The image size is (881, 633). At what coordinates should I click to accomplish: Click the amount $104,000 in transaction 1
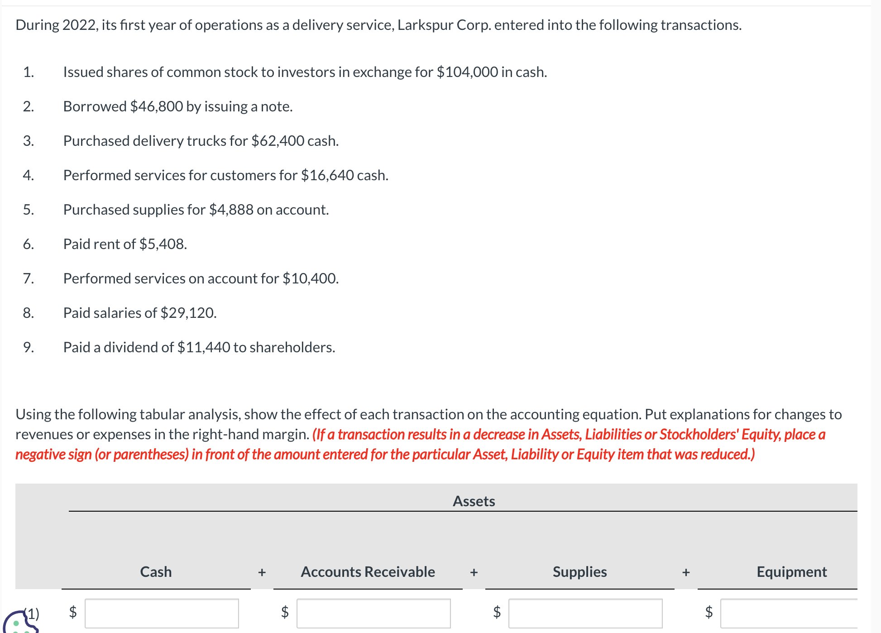click(467, 72)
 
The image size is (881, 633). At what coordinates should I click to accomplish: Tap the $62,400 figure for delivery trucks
click(278, 141)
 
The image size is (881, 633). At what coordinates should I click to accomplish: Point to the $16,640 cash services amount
click(327, 175)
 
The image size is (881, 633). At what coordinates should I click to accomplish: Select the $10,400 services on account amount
click(310, 278)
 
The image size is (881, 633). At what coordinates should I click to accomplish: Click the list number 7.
click(28, 278)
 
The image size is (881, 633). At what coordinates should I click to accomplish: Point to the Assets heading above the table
click(474, 501)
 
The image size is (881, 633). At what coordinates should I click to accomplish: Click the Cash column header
click(156, 572)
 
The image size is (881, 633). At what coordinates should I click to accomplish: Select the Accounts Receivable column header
click(368, 572)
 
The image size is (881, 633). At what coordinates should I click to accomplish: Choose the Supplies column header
click(579, 572)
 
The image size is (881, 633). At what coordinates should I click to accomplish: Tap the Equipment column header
click(791, 572)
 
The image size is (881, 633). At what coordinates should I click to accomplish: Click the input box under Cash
click(162, 613)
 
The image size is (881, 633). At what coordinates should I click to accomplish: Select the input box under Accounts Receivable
click(373, 613)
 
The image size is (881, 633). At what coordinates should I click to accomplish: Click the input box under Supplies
click(585, 613)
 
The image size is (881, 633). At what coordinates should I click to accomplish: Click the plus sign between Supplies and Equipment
click(686, 572)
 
